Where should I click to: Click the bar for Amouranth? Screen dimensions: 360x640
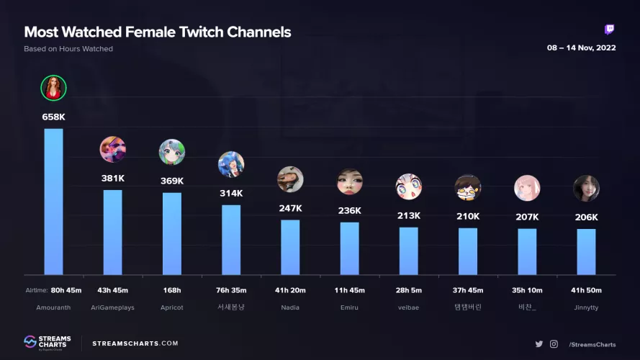[x=53, y=202]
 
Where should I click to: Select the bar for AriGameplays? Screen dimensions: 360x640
[x=112, y=232]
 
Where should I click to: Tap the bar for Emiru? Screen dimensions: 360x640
[x=349, y=248]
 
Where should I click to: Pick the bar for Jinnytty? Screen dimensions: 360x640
[x=586, y=251]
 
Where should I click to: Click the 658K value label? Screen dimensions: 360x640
[x=53, y=117]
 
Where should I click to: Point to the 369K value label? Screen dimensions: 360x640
[x=172, y=181]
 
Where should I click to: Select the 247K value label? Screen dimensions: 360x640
[x=290, y=208]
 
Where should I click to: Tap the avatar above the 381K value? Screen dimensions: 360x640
[x=112, y=149]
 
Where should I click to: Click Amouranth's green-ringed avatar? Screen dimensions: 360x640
[x=53, y=88]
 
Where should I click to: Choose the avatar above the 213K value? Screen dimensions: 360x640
[x=408, y=186]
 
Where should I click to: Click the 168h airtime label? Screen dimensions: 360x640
[x=172, y=291]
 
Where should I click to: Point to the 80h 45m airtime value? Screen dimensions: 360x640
[x=66, y=291]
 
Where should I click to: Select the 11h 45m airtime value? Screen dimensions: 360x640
[x=349, y=291]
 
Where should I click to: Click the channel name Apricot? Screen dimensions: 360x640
[x=172, y=307]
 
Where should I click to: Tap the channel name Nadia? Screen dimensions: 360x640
[x=290, y=307]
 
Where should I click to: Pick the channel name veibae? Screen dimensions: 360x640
[x=408, y=307]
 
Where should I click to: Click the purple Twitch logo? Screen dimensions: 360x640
[x=609, y=30]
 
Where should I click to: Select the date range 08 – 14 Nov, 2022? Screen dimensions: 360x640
[x=581, y=48]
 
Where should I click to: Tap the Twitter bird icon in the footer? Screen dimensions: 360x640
[x=538, y=344]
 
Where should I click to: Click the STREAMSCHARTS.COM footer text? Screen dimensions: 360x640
[x=135, y=343]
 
